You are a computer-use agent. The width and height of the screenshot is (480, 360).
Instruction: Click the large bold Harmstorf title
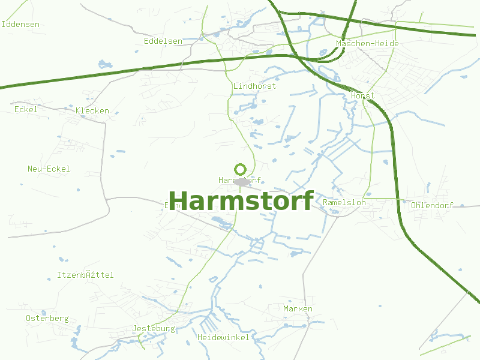[241, 201]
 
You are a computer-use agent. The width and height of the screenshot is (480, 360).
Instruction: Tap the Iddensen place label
[20, 24]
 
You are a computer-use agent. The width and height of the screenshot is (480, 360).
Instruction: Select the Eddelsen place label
[163, 41]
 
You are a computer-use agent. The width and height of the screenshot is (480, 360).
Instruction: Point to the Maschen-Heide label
[367, 44]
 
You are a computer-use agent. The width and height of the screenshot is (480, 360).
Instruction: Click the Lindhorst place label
[254, 86]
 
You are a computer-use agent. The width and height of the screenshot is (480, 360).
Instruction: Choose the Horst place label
[362, 95]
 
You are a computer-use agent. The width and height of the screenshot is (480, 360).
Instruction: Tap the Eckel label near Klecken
[26, 109]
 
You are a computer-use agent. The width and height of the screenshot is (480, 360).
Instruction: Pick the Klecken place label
[92, 110]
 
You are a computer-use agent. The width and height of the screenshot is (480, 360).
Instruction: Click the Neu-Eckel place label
[49, 169]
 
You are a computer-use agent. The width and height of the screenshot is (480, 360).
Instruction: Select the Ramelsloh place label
[344, 202]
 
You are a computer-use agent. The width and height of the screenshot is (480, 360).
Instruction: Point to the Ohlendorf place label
[432, 205]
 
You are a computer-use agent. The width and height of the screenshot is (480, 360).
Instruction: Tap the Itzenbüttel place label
[85, 275]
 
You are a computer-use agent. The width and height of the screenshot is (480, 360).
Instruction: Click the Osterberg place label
[47, 318]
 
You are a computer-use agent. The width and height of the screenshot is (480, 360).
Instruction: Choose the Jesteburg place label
[153, 329]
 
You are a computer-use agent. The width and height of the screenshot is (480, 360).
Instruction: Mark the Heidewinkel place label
[223, 338]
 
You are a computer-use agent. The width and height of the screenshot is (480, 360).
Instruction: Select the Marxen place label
[298, 308]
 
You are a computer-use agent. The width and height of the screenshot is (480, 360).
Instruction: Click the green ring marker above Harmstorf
[241, 169]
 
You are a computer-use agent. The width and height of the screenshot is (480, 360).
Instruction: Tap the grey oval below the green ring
[242, 181]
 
